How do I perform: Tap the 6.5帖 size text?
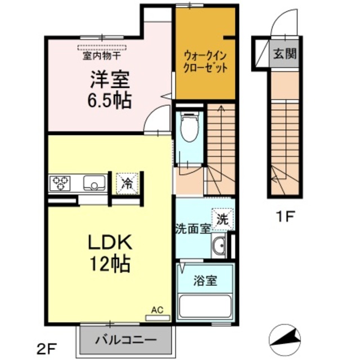point(109,100)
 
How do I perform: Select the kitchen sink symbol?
point(94,182)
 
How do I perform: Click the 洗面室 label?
point(192,229)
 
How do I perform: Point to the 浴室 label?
point(206,280)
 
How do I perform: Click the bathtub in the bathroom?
point(206,308)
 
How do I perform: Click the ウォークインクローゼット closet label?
point(205,62)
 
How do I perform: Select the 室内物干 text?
point(102,56)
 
